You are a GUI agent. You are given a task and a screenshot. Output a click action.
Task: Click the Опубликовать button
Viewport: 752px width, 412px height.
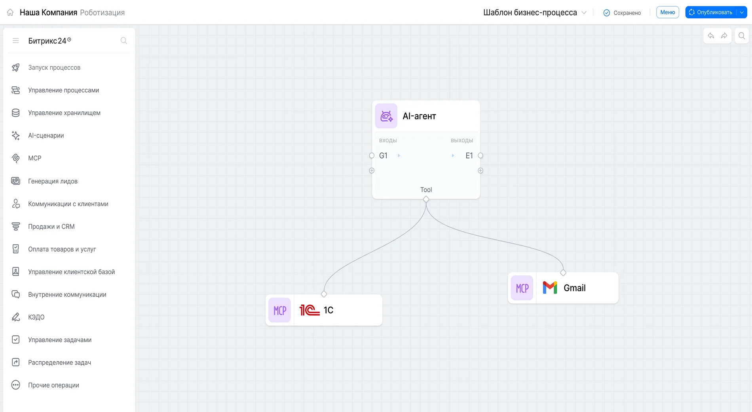tap(711, 12)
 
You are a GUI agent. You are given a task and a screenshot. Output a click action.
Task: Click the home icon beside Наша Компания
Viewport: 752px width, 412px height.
tap(10, 13)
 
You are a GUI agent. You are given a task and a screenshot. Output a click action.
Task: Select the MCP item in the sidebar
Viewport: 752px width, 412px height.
tap(34, 158)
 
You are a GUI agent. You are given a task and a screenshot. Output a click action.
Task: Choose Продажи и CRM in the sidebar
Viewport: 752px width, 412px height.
tap(51, 227)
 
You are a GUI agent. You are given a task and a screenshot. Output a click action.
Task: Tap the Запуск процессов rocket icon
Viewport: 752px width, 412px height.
tap(16, 68)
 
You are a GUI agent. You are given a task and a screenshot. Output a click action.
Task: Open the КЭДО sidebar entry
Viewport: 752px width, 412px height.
tap(36, 317)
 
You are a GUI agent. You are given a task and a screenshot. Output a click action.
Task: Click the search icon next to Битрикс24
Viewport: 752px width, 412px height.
tap(124, 40)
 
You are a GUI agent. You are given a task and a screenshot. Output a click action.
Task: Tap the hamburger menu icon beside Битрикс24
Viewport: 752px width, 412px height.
tap(16, 40)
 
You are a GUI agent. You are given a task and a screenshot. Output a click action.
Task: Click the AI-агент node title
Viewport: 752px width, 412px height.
tap(419, 116)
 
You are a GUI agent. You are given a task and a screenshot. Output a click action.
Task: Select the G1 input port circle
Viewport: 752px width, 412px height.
tap(372, 156)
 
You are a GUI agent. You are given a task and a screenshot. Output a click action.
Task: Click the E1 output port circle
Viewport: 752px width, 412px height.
tap(480, 156)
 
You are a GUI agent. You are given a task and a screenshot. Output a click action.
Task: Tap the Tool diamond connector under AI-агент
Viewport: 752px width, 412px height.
tap(426, 199)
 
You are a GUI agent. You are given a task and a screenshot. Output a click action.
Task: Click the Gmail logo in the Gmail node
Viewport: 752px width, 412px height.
tap(550, 288)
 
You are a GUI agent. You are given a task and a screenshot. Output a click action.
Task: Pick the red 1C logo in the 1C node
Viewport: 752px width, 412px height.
tap(310, 310)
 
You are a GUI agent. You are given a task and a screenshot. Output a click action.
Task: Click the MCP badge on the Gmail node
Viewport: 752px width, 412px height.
tap(522, 288)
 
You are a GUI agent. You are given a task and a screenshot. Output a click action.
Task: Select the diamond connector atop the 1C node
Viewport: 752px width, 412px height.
tap(324, 294)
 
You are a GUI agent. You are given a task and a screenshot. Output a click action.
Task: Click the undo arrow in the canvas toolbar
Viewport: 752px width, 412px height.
tap(711, 36)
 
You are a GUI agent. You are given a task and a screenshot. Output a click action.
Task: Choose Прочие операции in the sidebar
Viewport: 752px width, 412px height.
tap(53, 385)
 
